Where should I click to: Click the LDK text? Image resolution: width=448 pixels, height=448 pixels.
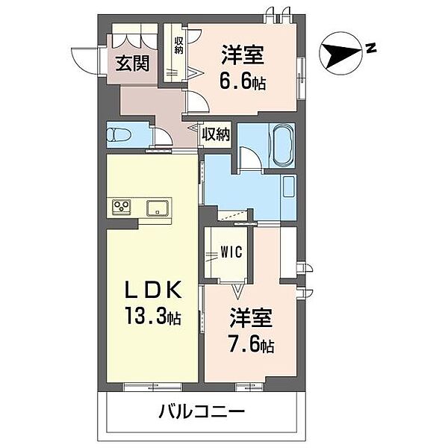coord(153,291)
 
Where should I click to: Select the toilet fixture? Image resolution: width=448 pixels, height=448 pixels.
coord(120,135)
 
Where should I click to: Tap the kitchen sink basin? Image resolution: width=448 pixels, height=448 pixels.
coord(158,207)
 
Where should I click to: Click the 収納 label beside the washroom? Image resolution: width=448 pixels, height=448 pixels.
coord(216,134)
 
